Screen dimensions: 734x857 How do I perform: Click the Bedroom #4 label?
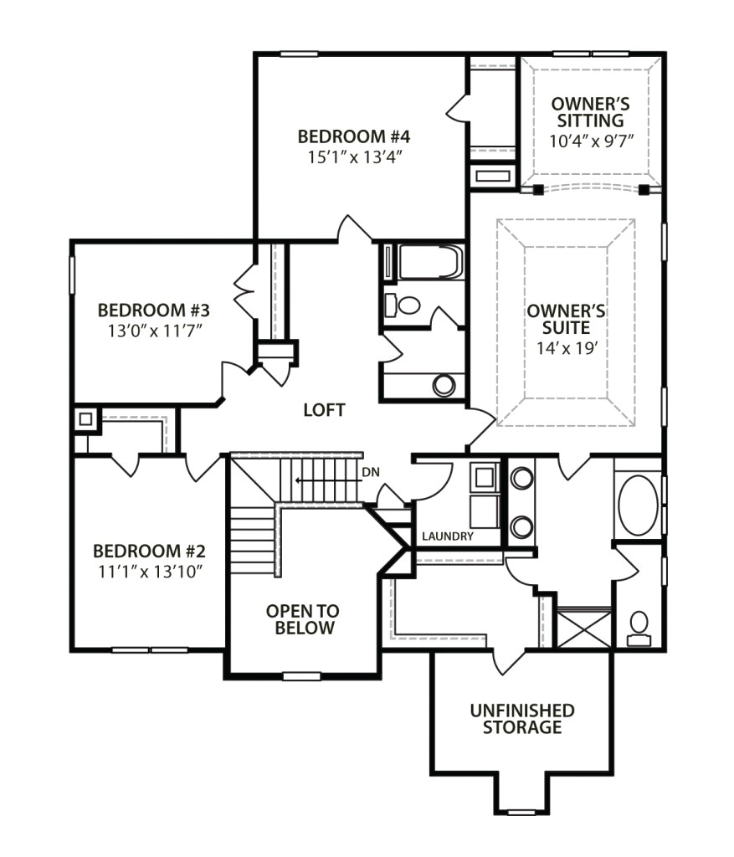(x=354, y=136)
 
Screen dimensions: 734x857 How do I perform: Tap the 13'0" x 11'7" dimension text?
(x=155, y=331)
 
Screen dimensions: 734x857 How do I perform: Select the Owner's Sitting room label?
(x=590, y=112)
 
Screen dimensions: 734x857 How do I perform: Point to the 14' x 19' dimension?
(x=566, y=347)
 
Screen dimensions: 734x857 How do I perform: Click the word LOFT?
(x=324, y=410)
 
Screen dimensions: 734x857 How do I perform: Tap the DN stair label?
(x=371, y=472)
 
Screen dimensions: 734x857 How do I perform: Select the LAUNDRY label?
(x=448, y=536)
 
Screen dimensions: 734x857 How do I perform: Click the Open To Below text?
(x=303, y=619)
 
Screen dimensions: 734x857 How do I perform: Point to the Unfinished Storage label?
(x=522, y=719)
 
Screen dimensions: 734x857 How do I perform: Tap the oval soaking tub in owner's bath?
(x=638, y=501)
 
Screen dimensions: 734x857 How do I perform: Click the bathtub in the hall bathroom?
(x=431, y=262)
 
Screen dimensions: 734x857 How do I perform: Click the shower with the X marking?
(x=584, y=629)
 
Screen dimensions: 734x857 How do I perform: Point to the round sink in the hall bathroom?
(x=444, y=385)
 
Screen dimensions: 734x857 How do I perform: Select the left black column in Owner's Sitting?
(x=538, y=190)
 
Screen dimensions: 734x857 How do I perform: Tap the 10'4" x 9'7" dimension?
(x=592, y=141)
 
